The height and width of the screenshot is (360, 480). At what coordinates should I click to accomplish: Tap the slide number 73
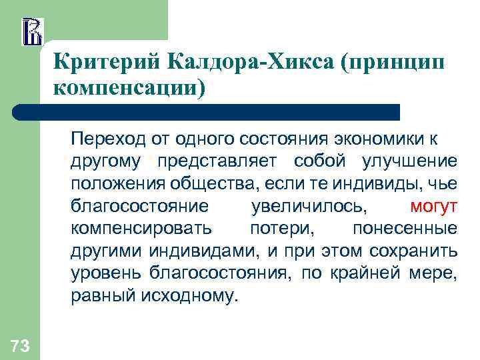pos(19,345)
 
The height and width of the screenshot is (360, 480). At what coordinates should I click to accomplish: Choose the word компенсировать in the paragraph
pos(141,228)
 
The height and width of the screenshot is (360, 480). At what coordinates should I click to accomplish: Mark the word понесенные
pos(405,228)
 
